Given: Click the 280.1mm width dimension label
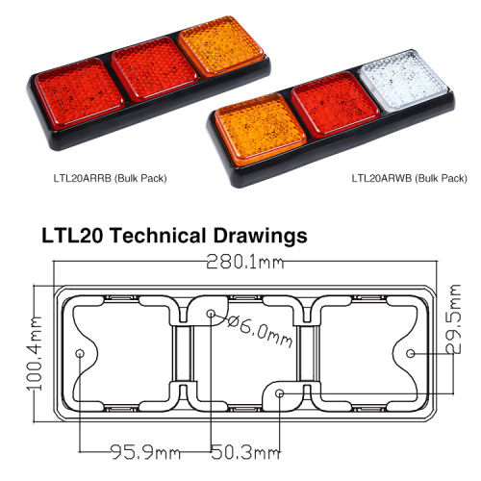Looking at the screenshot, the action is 245,262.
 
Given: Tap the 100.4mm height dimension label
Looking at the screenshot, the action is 35,353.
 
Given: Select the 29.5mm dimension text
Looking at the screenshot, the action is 453,319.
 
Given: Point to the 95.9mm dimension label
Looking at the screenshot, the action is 146,452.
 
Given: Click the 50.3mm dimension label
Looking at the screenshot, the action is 245,452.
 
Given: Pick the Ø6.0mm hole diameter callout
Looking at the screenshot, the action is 260,330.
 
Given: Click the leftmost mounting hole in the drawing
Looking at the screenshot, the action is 80,353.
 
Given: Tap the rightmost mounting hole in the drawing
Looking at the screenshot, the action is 411,353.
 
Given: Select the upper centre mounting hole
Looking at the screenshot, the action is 211,313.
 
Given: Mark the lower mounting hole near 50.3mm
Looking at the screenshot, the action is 280,393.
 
